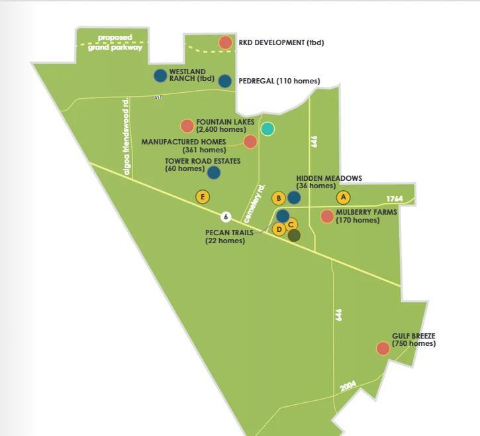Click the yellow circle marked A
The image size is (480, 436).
pos(342,197)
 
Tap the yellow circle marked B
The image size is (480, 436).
pos(279,198)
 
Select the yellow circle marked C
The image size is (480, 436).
pos(291,225)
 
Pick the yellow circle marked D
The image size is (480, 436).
pos(279,230)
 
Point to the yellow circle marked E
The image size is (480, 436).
pos(203,197)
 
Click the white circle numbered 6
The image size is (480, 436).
pos(226,217)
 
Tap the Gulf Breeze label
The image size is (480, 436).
pos(413,340)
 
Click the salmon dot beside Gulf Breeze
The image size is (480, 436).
pos(383,349)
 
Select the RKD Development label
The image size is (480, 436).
pos(281,42)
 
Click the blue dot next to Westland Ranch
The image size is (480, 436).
pos(160,76)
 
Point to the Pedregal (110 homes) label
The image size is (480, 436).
pos(279,81)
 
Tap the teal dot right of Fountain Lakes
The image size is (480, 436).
pos(267,129)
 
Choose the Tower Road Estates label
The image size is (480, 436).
pos(203,165)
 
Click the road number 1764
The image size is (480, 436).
pos(395,199)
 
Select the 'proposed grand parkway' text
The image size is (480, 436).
pos(115,42)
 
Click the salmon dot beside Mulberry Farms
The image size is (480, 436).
pos(327,216)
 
